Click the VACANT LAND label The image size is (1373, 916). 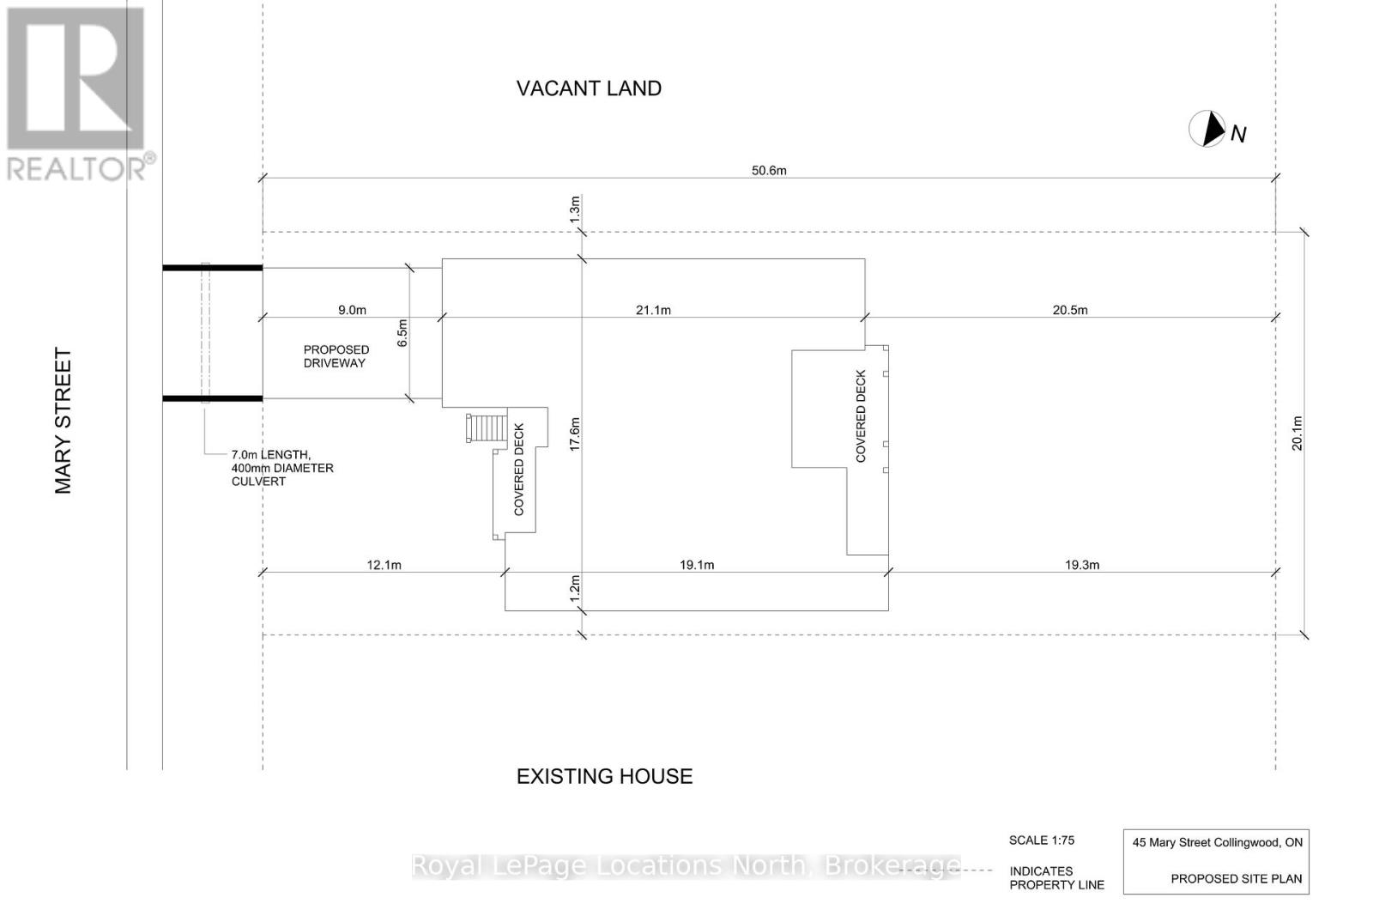tap(589, 88)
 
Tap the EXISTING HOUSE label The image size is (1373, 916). tap(604, 776)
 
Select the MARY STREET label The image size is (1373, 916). tap(64, 421)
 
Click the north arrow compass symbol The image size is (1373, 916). tap(1207, 129)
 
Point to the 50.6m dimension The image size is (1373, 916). tap(769, 170)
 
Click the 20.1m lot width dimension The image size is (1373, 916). tap(1297, 433)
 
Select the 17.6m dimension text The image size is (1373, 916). tap(575, 434)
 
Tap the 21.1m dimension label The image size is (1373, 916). tap(653, 310)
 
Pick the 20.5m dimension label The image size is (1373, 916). tap(1070, 310)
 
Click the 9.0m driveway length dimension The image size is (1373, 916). tap(352, 310)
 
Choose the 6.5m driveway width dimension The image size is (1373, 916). tap(402, 333)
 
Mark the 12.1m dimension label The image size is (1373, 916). tap(384, 565)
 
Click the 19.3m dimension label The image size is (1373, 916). tap(1082, 565)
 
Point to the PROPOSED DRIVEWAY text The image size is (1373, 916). tap(336, 356)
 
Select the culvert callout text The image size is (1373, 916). tap(282, 468)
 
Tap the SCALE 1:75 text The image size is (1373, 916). tap(1042, 840)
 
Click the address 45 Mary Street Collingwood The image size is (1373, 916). tap(1217, 842)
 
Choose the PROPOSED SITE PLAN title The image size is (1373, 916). tap(1236, 879)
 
